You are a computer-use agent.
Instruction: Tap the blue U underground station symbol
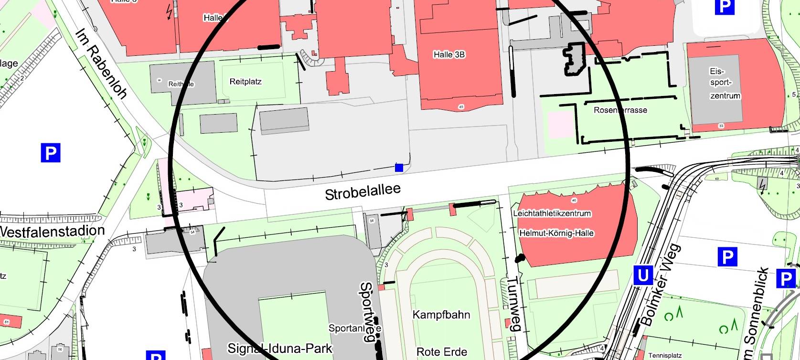click(x=643, y=275)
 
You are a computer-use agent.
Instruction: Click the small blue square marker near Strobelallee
click(x=399, y=168)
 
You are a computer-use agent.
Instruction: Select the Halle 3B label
click(x=449, y=54)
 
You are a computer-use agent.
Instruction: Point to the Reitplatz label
click(x=245, y=82)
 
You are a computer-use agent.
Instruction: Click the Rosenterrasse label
click(x=620, y=110)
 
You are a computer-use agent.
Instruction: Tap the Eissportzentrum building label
click(x=725, y=84)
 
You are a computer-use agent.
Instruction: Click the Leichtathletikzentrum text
click(x=552, y=213)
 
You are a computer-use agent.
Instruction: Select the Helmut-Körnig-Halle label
click(x=556, y=233)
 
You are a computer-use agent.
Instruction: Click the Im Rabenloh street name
click(x=101, y=64)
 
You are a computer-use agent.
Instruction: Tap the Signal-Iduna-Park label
click(x=279, y=348)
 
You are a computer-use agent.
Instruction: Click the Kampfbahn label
click(x=441, y=315)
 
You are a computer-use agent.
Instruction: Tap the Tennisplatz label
click(x=665, y=355)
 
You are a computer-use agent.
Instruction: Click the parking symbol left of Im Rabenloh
click(x=50, y=153)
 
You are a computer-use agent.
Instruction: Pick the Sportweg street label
click(x=366, y=311)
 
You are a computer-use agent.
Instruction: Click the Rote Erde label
click(x=441, y=352)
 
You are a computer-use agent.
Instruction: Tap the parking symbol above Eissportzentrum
click(x=724, y=6)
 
